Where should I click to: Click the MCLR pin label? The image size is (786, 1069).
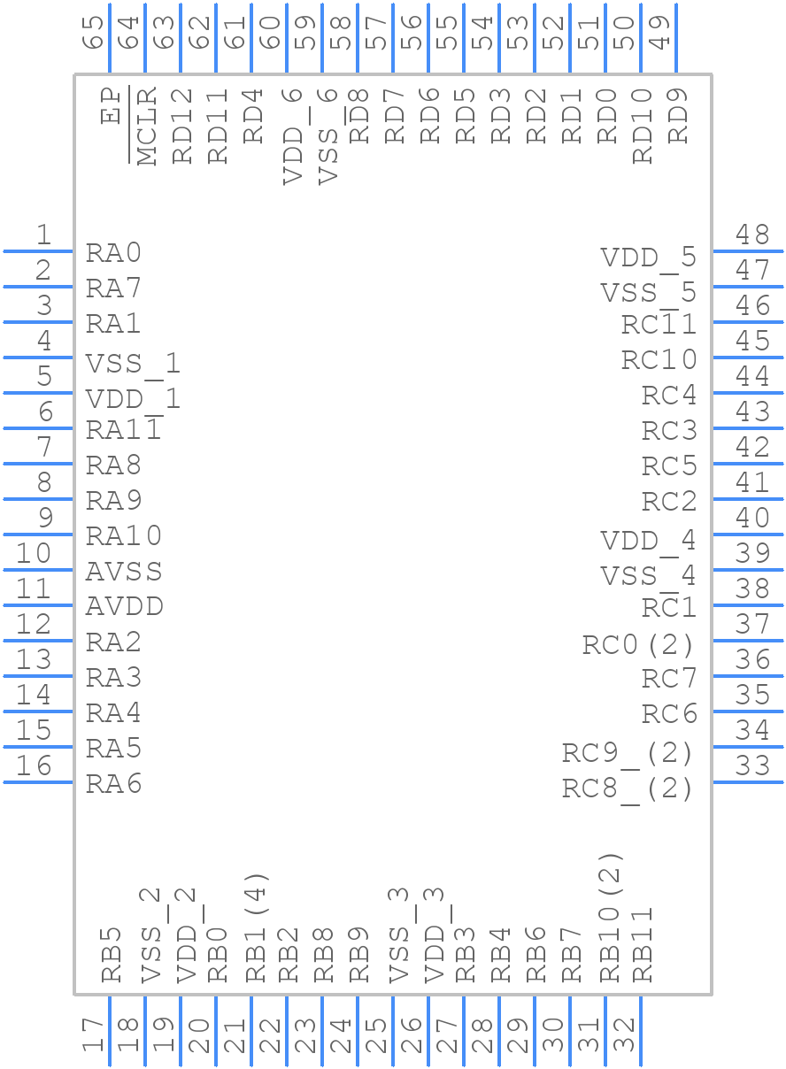[x=147, y=126]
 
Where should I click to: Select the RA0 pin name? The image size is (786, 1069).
[x=113, y=253]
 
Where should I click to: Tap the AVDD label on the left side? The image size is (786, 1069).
[x=124, y=607]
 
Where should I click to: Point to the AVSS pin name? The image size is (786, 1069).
[x=124, y=572]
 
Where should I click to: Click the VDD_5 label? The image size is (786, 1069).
[x=648, y=258]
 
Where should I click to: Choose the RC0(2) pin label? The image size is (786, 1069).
[x=638, y=645]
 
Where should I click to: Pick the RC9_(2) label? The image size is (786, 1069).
[x=628, y=753]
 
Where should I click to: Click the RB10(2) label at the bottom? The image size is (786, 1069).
[x=611, y=918]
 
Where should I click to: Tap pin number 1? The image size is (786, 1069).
[x=43, y=235]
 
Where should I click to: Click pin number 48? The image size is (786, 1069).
[x=752, y=235]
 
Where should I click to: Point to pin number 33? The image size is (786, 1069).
[x=752, y=765]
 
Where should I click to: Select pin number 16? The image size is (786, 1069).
[x=35, y=765]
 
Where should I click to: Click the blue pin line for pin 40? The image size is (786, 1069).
[x=747, y=534]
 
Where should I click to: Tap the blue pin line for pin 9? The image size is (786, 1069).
[x=39, y=534]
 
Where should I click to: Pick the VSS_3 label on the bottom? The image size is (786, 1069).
[x=400, y=936]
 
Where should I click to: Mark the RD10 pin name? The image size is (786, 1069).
[x=643, y=126]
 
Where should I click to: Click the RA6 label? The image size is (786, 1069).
[x=113, y=784]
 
